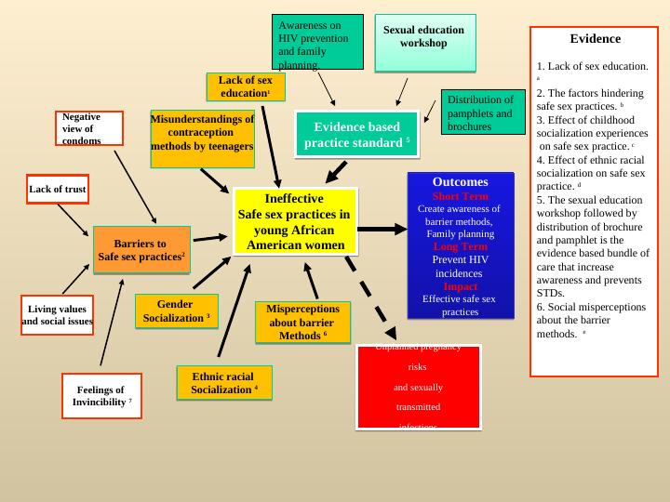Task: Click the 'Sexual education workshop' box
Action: click(424, 43)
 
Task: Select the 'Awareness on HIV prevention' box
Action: click(317, 43)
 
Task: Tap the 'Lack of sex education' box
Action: click(246, 86)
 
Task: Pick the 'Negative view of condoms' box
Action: click(88, 128)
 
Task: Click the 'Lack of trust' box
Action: click(58, 189)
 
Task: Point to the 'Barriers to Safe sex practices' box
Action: click(141, 250)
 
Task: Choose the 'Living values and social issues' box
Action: click(58, 315)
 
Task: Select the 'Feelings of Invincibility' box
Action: click(101, 396)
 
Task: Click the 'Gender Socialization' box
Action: click(176, 311)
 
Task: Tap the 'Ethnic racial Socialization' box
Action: click(224, 383)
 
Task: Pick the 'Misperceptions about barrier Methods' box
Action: click(302, 323)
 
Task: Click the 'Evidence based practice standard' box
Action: click(357, 134)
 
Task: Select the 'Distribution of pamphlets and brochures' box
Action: click(483, 112)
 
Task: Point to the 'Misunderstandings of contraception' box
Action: click(202, 139)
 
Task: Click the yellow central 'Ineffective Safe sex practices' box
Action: click(295, 221)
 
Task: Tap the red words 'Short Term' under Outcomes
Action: click(460, 196)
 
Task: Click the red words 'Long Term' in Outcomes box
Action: click(460, 246)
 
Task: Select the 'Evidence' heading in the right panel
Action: click(595, 39)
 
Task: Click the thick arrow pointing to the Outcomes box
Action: click(382, 229)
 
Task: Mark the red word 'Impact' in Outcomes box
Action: click(460, 286)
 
